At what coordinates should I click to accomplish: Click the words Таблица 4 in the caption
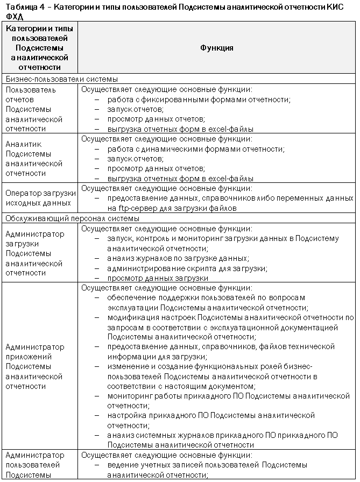click(21, 6)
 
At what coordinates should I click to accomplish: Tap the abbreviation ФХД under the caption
click(13, 16)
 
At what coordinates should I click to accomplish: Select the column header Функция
click(217, 47)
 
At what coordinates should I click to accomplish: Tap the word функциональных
click(220, 366)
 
